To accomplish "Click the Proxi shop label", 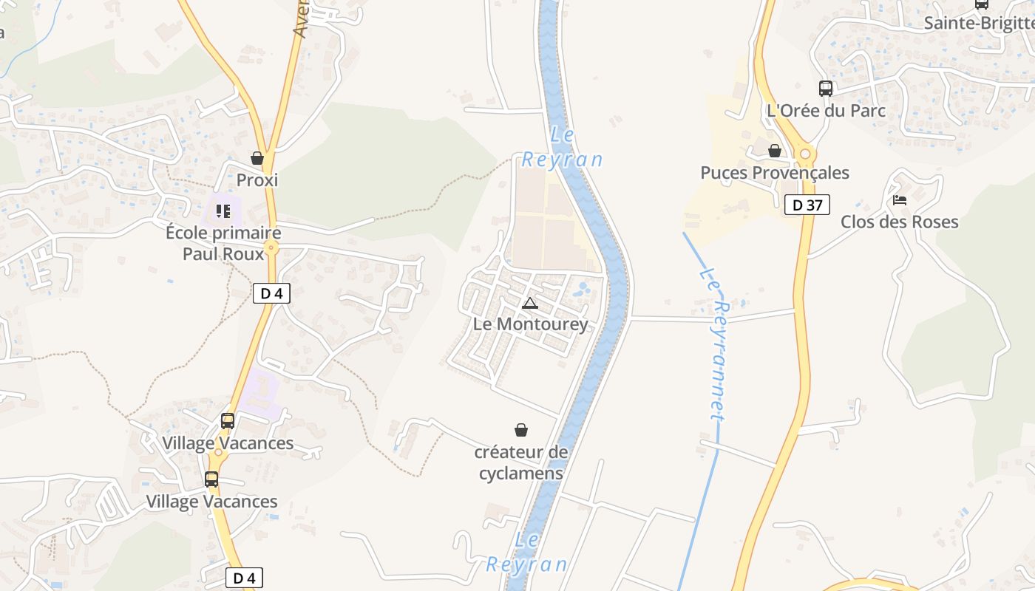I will pos(257,180).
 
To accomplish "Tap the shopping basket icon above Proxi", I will pos(257,158).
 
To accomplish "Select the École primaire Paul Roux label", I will pos(223,243).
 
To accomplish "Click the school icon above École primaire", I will pos(223,211).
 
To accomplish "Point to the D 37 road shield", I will pos(807,205).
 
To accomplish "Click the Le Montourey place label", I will pos(531,324).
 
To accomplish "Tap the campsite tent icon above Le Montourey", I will pos(530,303).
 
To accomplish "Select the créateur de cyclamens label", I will pos(521,462).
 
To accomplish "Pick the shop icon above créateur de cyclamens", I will pos(521,430).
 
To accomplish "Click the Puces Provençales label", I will pos(775,173).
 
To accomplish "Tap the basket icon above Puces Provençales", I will pos(775,151).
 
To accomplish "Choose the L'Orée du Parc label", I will pos(826,111).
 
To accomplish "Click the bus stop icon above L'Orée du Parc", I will pos(826,89).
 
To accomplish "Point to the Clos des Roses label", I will pos(900,222).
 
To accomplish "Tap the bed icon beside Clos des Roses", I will pos(900,200).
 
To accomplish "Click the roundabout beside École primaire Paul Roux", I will pos(271,248).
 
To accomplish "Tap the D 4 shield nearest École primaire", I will pos(271,293).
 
